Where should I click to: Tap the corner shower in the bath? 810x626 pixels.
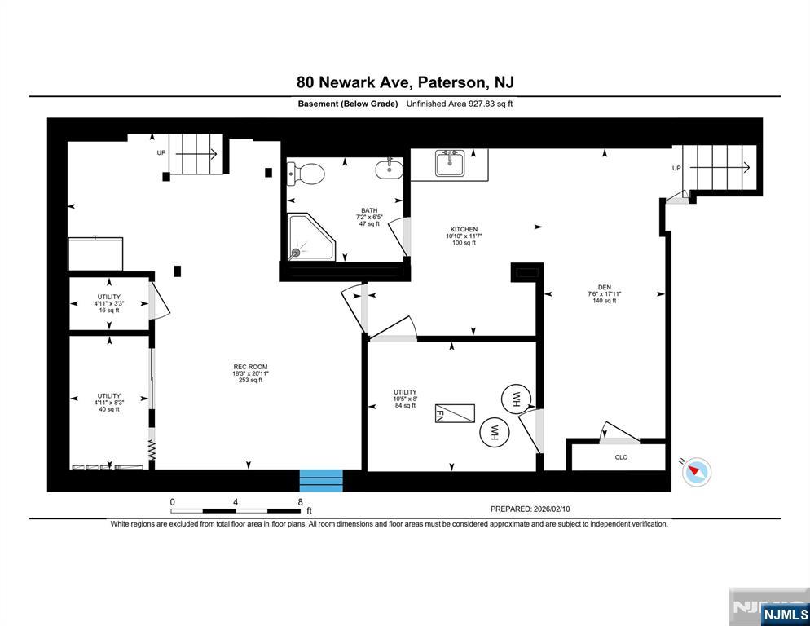click(x=310, y=237)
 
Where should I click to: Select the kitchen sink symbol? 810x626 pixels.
click(x=449, y=164)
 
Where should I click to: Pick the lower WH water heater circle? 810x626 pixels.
click(x=493, y=432)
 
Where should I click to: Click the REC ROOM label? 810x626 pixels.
click(x=250, y=367)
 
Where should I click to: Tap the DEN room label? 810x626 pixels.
click(x=604, y=287)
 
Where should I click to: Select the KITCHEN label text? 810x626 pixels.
click(x=464, y=230)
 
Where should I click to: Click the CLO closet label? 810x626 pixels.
click(x=621, y=457)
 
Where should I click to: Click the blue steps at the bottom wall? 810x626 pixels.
click(x=321, y=481)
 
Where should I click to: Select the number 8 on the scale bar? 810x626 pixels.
click(x=301, y=502)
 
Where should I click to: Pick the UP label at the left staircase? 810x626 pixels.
click(x=161, y=152)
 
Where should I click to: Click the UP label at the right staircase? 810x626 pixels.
click(x=676, y=168)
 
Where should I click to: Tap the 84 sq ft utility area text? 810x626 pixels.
click(x=405, y=405)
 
